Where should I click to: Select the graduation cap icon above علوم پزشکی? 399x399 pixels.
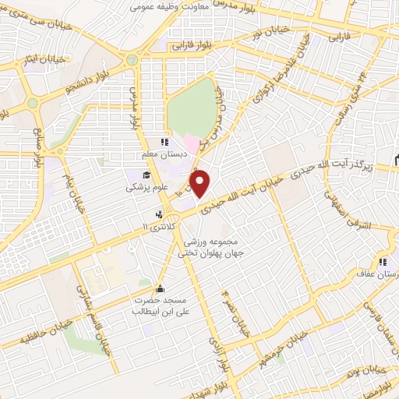(x=146, y=175)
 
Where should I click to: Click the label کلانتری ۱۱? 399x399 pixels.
(x=159, y=226)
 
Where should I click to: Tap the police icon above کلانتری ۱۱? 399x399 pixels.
(x=160, y=214)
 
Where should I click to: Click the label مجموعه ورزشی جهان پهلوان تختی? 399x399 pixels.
(x=210, y=247)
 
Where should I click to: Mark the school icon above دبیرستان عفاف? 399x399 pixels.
(x=382, y=262)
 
